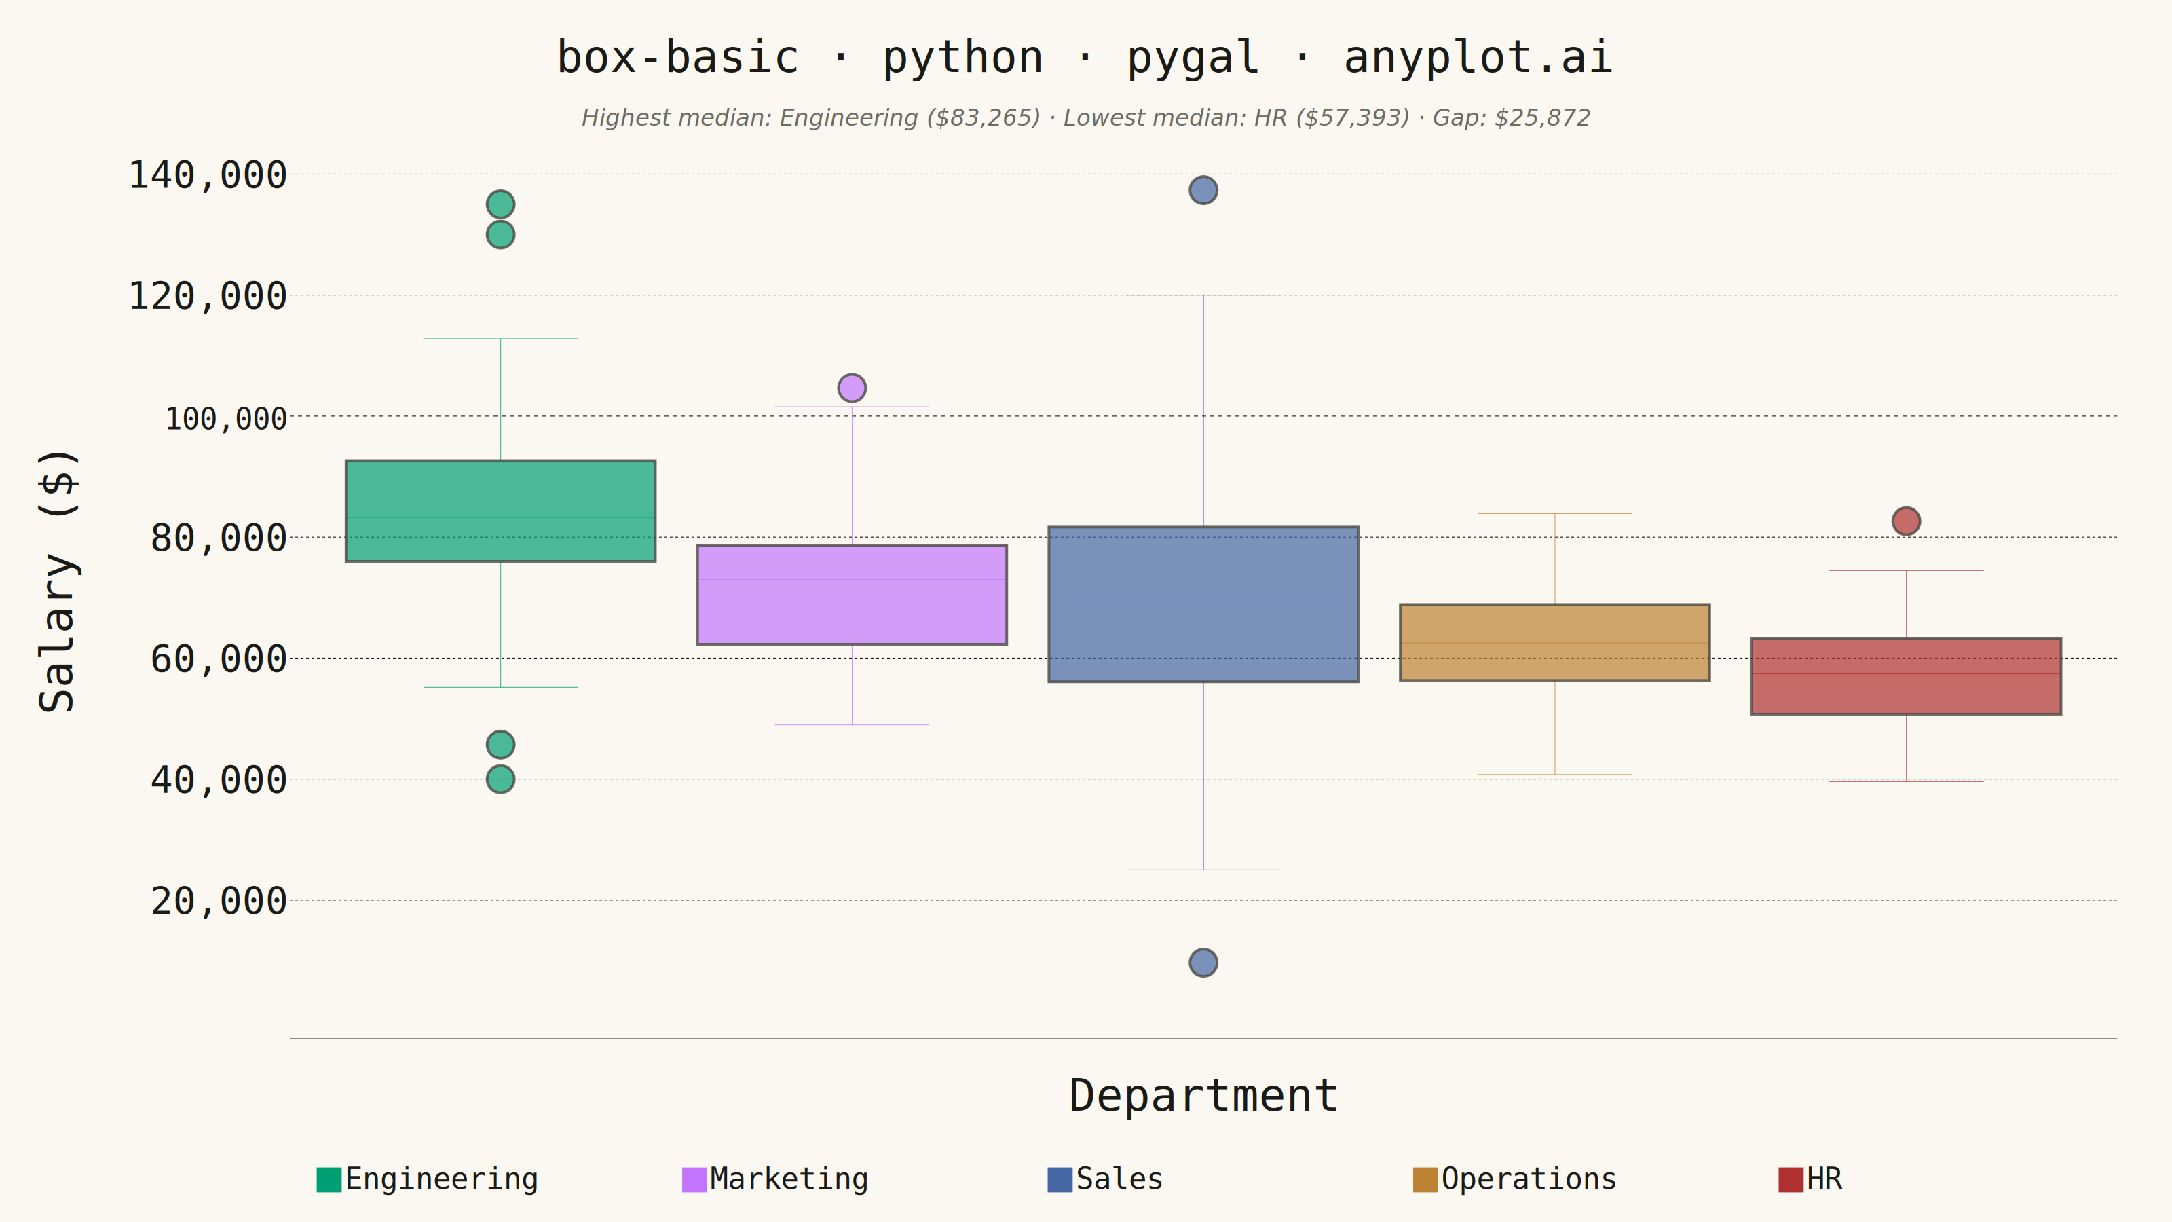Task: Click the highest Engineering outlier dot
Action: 500,204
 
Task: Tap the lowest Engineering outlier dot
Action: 500,779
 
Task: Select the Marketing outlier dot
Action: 852,388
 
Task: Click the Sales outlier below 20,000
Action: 1203,962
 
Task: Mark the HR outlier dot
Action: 1907,521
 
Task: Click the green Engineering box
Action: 500,511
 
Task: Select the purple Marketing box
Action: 852,595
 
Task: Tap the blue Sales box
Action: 1203,604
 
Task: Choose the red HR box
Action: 1907,676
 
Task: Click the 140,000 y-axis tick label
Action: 208,175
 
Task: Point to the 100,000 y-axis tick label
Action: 226,418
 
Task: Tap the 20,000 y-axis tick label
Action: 219,901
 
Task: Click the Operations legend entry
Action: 1515,1179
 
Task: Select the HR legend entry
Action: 1810,1179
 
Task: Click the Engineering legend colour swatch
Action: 329,1180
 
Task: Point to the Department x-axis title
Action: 1203,1096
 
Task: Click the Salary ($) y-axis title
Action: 59,581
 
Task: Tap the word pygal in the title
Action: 1193,58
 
